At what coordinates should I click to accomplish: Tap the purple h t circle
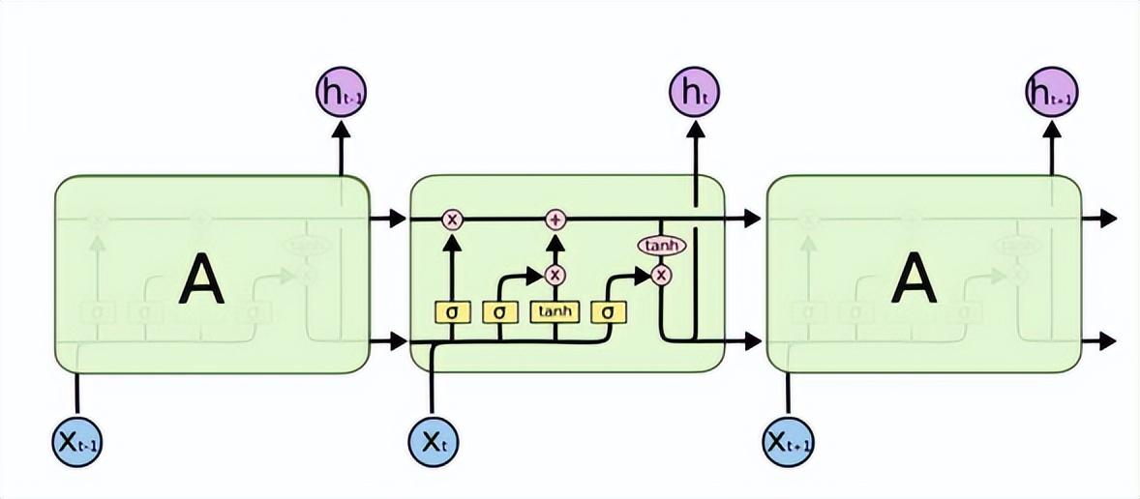(x=694, y=93)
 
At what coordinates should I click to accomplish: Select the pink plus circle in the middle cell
(x=555, y=220)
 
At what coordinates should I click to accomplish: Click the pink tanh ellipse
(x=661, y=247)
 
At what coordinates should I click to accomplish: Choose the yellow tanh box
(x=555, y=312)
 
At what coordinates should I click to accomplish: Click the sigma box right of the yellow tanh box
(x=609, y=312)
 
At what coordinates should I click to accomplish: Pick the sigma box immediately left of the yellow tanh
(x=499, y=312)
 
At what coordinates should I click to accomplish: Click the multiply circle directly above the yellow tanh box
(x=555, y=276)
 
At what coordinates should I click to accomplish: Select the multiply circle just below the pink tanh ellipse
(x=661, y=276)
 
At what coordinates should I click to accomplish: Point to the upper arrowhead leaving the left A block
(x=397, y=220)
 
